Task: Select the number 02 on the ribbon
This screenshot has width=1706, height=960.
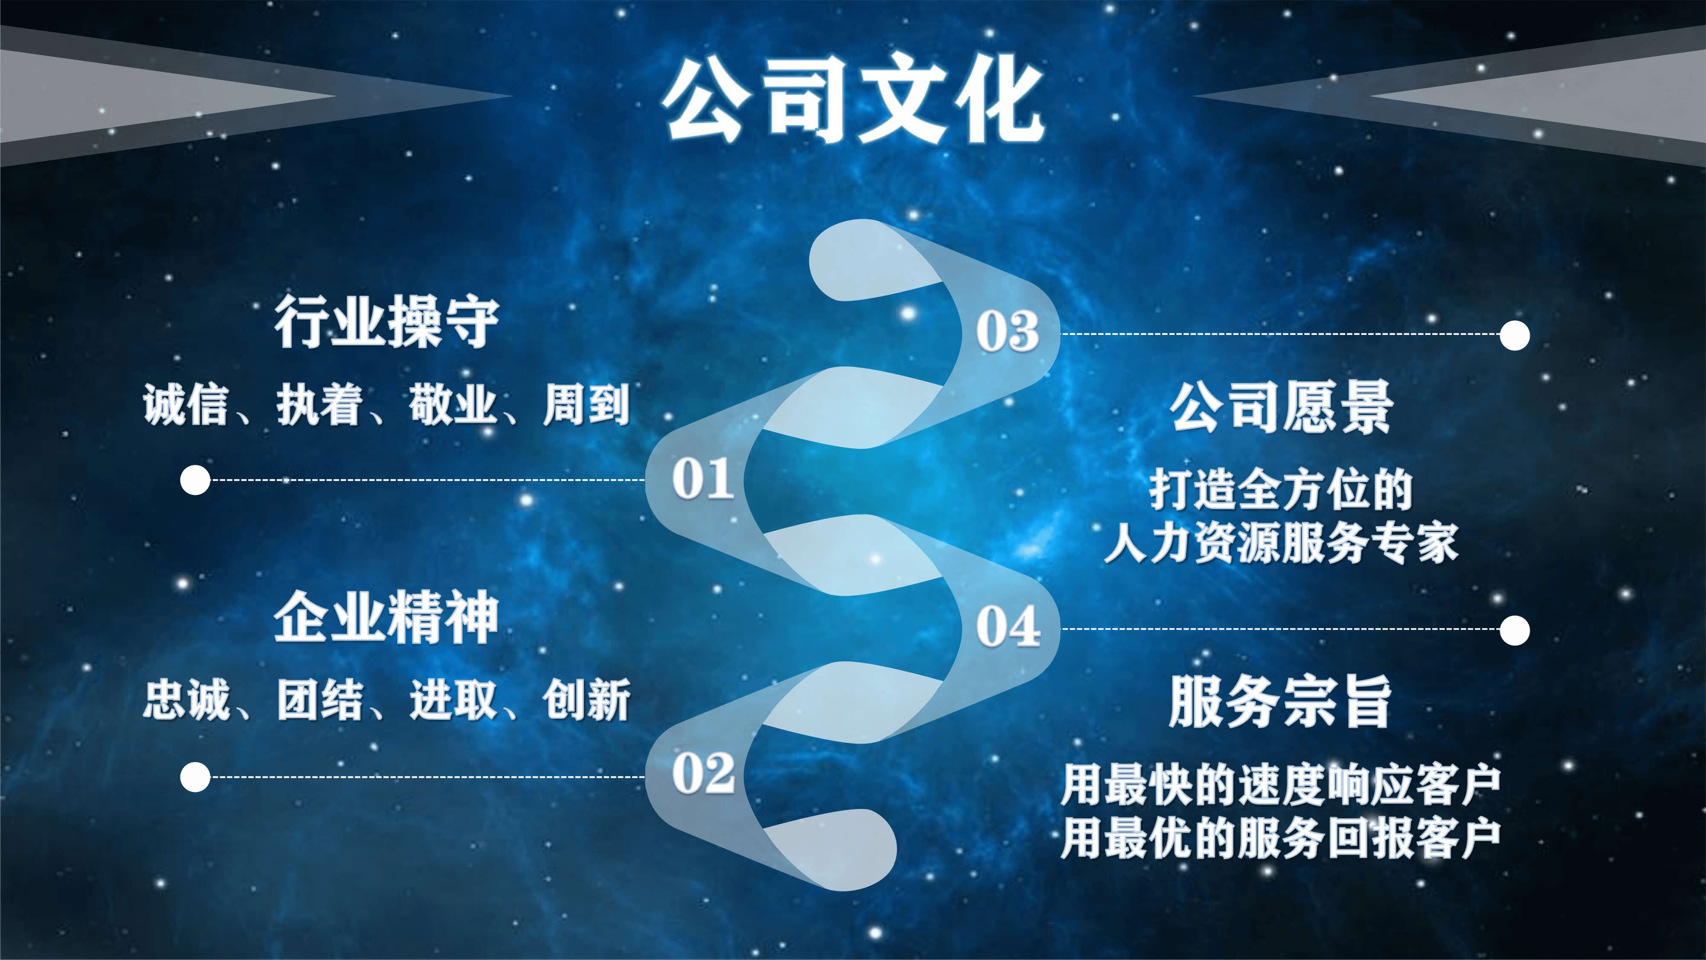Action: pyautogui.click(x=703, y=773)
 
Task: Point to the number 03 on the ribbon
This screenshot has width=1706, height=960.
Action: pyautogui.click(x=1007, y=331)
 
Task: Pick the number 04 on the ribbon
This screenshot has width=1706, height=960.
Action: pyautogui.click(x=1008, y=625)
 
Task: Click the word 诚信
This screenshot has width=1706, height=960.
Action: pyautogui.click(x=186, y=404)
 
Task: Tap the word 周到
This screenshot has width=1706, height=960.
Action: pyautogui.click(x=586, y=404)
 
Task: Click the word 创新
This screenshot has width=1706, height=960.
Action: pyautogui.click(x=586, y=699)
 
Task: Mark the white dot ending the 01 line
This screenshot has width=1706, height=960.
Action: pyautogui.click(x=195, y=480)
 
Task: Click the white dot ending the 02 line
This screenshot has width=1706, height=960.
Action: pyautogui.click(x=195, y=777)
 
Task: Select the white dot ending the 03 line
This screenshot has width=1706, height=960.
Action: pyautogui.click(x=1515, y=335)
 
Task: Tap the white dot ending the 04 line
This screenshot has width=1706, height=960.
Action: pyautogui.click(x=1515, y=630)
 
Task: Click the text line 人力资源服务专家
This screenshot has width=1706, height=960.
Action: pyautogui.click(x=1281, y=543)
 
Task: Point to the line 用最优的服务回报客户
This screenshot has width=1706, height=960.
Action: pyautogui.click(x=1281, y=838)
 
